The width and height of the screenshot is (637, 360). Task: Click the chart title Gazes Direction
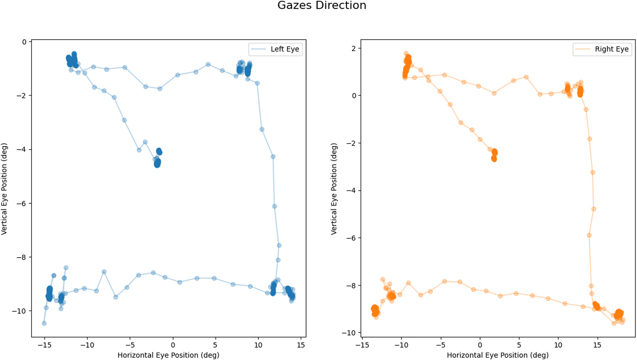click(322, 5)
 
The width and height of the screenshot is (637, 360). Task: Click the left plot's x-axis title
click(168, 355)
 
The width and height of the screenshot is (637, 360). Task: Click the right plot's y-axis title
click(334, 189)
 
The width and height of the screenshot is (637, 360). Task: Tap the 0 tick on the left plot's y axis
click(24, 42)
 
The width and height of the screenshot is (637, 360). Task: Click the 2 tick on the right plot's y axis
click(354, 49)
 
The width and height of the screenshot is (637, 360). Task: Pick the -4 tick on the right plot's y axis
click(351, 190)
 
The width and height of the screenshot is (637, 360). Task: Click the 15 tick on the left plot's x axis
click(301, 345)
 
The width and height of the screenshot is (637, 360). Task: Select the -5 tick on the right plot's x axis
click(440, 345)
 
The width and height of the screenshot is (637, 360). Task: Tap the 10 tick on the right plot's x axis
click(558, 345)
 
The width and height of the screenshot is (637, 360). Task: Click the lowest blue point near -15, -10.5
click(44, 323)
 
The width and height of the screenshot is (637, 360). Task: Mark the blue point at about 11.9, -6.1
click(275, 206)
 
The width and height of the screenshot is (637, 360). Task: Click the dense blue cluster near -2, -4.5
click(157, 163)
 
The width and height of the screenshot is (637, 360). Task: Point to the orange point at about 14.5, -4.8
click(594, 209)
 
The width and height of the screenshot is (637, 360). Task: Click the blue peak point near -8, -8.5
click(104, 272)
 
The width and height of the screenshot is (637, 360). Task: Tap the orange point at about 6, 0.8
click(526, 77)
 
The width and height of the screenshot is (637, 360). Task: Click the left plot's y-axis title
click(4, 189)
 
